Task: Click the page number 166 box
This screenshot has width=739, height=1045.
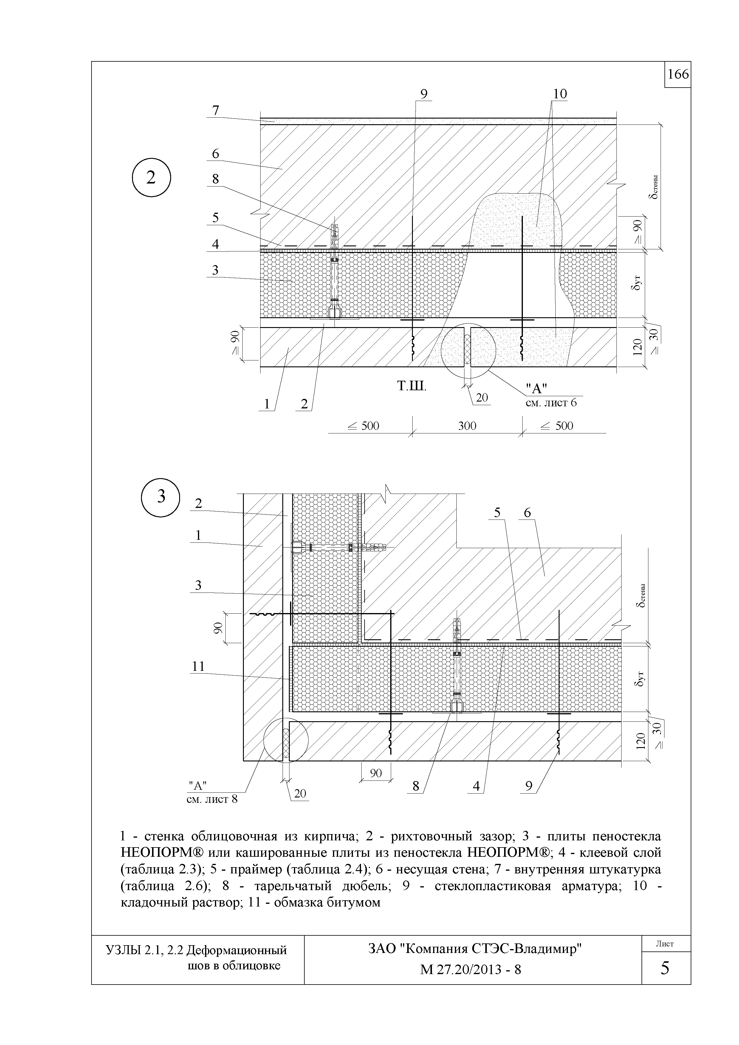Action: point(678,74)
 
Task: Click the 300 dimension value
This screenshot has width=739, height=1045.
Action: point(467,426)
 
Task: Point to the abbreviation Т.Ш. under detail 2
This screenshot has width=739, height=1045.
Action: point(412,387)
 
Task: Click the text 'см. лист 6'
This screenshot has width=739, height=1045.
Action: point(551,402)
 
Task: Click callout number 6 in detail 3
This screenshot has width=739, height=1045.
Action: point(527,513)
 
